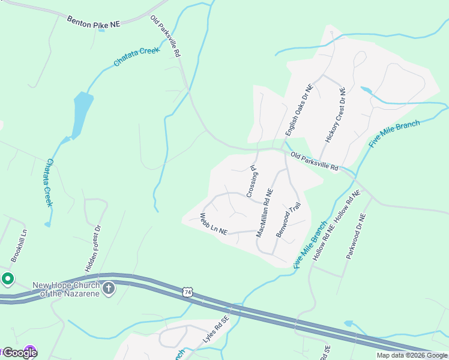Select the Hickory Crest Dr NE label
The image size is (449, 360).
[x=335, y=115]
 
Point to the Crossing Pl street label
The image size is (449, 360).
[x=253, y=182]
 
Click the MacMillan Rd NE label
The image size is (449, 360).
[x=264, y=212]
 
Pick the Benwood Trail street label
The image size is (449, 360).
[x=288, y=220]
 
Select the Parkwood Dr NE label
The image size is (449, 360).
[x=355, y=236]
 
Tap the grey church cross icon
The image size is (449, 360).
[x=109, y=289]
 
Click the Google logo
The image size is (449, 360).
[x=20, y=353]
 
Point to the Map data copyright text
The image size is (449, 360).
[x=412, y=355]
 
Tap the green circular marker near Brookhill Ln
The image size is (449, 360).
[x=7, y=278]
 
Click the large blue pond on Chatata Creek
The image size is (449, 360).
[x=82, y=114]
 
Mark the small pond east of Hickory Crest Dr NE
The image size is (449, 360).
[x=366, y=91]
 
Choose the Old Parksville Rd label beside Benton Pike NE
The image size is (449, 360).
[x=165, y=36]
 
